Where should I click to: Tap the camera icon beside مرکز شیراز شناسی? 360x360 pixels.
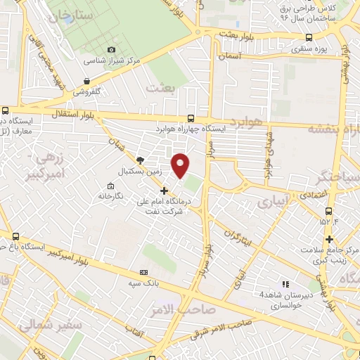click(x=111, y=49)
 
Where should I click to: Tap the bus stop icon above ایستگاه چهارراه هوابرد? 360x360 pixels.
click(x=191, y=119)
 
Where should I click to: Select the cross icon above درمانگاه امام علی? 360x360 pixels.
click(x=164, y=191)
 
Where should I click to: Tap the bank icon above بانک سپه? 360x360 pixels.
click(x=144, y=272)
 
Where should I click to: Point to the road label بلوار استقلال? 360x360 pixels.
click(x=68, y=112)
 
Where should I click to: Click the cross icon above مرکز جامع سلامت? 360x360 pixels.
click(x=328, y=240)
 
